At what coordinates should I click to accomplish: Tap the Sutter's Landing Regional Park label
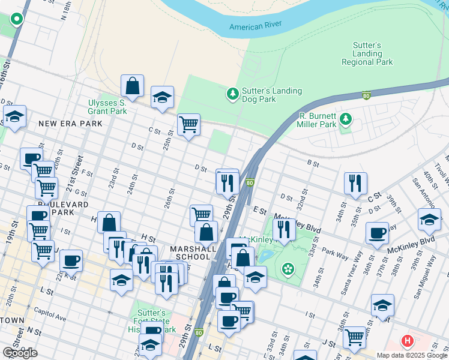(367, 53)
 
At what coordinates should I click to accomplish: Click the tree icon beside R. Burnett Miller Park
(345, 119)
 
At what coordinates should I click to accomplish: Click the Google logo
(20, 353)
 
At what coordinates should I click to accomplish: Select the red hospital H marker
(408, 341)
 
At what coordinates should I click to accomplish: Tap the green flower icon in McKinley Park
(289, 268)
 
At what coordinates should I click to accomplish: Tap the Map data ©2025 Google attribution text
(411, 355)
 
